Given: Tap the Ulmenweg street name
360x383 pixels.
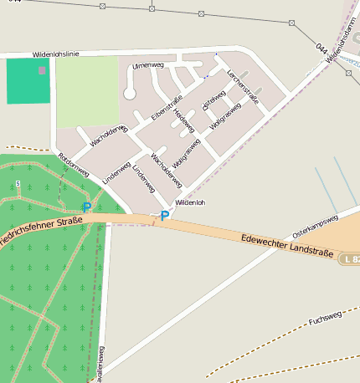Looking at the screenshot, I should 147,64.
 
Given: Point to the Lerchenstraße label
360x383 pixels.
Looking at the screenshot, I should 243,87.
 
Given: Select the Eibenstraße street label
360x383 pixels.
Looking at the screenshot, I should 166,111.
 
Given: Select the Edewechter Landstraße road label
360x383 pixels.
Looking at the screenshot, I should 286,246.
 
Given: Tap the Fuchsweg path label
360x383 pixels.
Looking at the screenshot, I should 326,319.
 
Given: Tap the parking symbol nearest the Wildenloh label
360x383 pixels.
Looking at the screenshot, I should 165,216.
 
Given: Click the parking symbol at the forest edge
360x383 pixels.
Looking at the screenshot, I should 86,207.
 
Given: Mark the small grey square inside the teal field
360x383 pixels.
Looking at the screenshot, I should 42,70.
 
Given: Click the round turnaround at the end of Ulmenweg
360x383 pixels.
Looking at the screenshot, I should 130,94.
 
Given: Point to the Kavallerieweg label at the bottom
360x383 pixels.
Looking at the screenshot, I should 100,364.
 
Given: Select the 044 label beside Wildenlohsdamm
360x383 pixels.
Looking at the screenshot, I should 321,49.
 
